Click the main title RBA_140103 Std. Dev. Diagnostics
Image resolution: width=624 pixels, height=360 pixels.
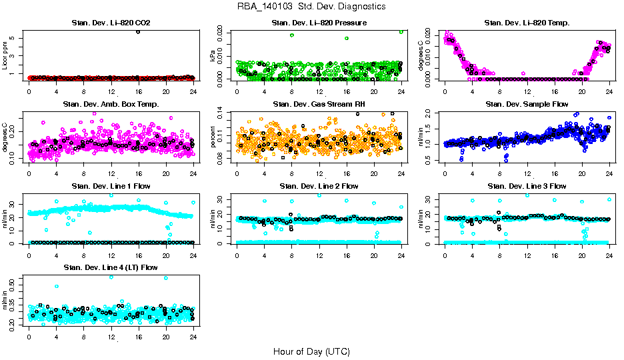[x=311, y=7]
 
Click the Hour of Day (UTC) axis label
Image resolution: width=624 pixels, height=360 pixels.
[x=311, y=351]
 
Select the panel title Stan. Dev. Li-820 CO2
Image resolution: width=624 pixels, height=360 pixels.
[x=111, y=23]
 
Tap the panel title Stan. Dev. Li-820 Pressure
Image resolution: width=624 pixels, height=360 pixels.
[x=319, y=23]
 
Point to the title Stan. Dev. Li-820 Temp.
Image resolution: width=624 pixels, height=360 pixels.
[x=527, y=23]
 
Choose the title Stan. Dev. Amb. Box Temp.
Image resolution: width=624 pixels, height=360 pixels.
[x=111, y=105]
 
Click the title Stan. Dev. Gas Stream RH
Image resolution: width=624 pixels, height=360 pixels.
[x=319, y=105]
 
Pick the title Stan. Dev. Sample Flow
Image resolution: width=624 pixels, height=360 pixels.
[x=527, y=105]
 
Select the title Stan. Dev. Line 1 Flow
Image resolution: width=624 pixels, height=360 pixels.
[x=111, y=186]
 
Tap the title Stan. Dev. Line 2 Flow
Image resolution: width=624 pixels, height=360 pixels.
[x=319, y=186]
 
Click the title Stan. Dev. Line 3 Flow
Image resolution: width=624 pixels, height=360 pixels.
[x=527, y=186]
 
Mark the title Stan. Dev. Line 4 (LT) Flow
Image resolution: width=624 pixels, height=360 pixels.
[x=111, y=267]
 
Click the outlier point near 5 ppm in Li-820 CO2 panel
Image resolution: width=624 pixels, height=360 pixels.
[x=138, y=31]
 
